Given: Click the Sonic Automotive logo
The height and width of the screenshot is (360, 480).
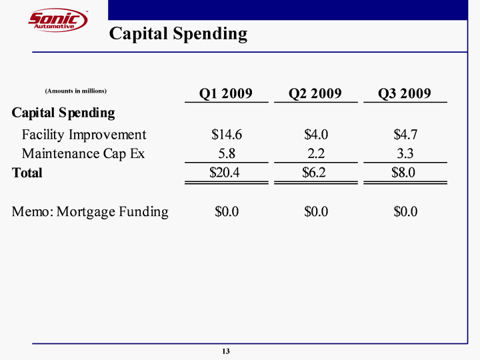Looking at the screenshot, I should (x=58, y=20).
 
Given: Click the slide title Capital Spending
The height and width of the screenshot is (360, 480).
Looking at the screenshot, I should (x=178, y=33).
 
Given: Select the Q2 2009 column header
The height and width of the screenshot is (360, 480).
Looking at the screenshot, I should (x=315, y=93).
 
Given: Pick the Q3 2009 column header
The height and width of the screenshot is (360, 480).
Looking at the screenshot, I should (x=405, y=93).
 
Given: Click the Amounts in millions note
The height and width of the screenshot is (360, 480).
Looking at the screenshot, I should (x=76, y=90).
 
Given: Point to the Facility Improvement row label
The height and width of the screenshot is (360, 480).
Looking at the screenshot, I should (x=84, y=134).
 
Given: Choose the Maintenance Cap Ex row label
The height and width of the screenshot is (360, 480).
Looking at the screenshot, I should (x=83, y=153).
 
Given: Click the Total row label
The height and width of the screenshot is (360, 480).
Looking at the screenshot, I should (x=27, y=173).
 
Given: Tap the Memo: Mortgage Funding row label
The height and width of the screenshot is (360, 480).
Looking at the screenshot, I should (x=90, y=212).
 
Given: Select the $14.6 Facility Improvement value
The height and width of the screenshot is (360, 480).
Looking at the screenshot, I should (x=227, y=134).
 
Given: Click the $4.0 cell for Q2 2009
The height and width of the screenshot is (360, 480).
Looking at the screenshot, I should (x=315, y=134).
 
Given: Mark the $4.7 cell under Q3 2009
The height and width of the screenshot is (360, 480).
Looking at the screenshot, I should (x=405, y=134).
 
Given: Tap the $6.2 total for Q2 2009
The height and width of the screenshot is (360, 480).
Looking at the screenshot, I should (x=315, y=173).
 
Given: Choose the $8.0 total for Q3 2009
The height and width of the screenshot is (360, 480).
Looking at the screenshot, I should (x=405, y=173).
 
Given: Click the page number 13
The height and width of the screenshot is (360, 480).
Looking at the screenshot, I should (x=226, y=351).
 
